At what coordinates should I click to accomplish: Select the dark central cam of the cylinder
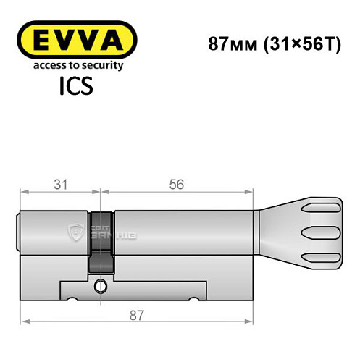point(101,243)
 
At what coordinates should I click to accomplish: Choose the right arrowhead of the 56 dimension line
point(253,193)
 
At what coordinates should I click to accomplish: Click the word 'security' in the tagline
point(102,66)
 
